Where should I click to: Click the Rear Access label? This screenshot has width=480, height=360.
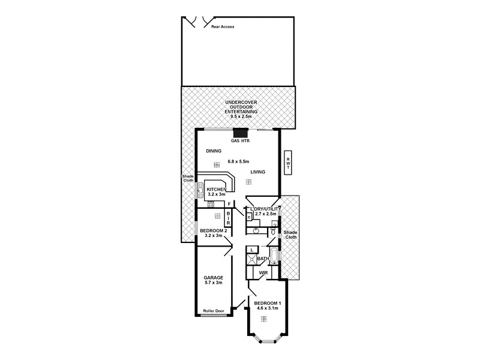(223, 26)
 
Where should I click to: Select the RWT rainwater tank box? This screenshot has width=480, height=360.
(288, 161)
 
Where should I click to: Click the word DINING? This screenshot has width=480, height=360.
(214, 151)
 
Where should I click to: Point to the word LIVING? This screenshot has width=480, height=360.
(258, 172)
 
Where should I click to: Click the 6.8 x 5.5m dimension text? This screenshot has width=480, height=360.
(238, 161)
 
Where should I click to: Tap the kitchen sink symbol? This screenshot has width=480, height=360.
(199, 191)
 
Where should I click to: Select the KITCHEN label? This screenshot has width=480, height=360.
(215, 190)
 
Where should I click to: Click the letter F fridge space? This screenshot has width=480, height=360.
(229, 204)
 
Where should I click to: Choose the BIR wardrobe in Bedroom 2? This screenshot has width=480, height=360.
(228, 217)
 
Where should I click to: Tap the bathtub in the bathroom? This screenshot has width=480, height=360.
(275, 256)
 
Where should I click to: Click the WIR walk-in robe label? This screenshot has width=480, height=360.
(263, 273)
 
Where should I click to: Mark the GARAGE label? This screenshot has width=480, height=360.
(214, 278)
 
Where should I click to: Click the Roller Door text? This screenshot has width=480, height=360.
(214, 311)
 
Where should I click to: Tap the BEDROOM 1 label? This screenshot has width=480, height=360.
(267, 304)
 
